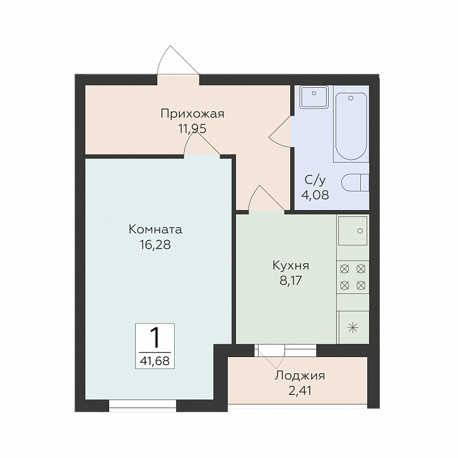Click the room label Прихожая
[192, 114]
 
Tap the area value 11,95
[192, 129]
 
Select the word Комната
[155, 229]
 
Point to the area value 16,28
[155, 245]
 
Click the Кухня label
[291, 266]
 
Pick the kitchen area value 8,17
[291, 281]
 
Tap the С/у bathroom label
[315, 180]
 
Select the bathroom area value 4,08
[315, 195]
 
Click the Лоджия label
[300, 376]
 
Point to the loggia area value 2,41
[300, 390]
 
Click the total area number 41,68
[155, 361]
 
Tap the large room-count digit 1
[155, 338]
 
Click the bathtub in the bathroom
[351, 126]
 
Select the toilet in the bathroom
[355, 183]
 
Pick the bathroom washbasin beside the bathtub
[314, 97]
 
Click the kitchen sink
[353, 231]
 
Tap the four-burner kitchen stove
[353, 277]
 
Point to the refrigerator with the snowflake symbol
[353, 327]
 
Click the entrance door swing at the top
[178, 61]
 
